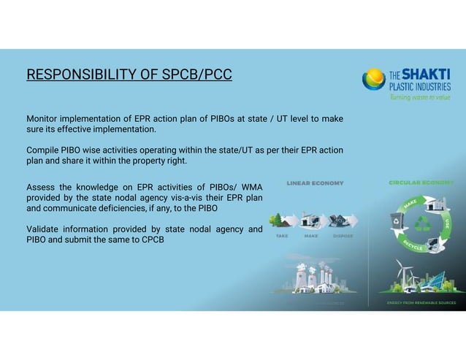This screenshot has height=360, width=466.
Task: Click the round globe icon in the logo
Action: [x=374, y=78]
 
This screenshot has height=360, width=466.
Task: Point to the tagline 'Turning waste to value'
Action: [x=420, y=97]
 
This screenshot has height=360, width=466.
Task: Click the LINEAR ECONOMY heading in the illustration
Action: [x=315, y=183]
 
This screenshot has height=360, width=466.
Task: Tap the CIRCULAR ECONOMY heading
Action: [x=421, y=183]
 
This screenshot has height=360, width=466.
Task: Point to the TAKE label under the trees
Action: [x=281, y=236]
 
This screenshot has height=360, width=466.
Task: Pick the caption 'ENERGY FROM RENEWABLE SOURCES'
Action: [x=421, y=302]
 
